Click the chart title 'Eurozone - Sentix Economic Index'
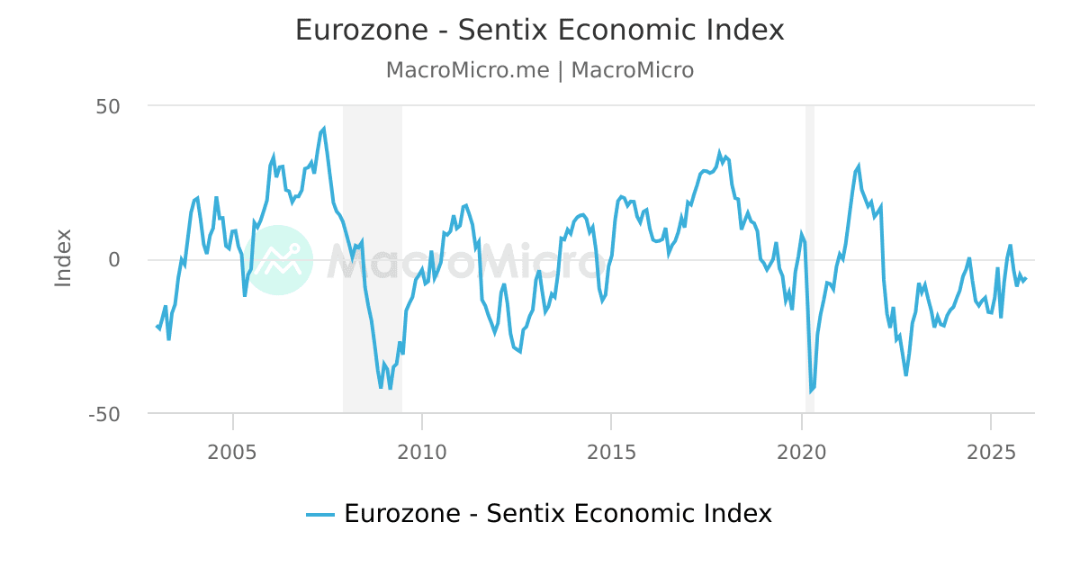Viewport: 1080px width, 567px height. pyautogui.click(x=540, y=31)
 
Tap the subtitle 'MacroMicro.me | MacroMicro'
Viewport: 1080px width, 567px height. pyautogui.click(x=540, y=70)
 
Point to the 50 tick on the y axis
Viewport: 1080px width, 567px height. pyautogui.click(x=108, y=106)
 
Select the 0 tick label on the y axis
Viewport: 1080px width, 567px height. pyautogui.click(x=114, y=260)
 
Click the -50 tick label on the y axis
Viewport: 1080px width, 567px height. pyautogui.click(x=105, y=414)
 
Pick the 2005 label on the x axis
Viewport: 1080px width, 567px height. pyautogui.click(x=232, y=451)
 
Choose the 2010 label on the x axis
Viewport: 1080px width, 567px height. pyautogui.click(x=422, y=451)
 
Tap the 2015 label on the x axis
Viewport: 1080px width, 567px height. pyautogui.click(x=611, y=451)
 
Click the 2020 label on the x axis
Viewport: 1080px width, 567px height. pyautogui.click(x=801, y=451)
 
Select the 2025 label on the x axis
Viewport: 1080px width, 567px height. pyautogui.click(x=990, y=451)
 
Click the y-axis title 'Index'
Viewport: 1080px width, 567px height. pyautogui.click(x=63, y=258)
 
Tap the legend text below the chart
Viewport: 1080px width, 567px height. pyautogui.click(x=557, y=514)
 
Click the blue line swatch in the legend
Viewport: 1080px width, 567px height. pyautogui.click(x=320, y=515)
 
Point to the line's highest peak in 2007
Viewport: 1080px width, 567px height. pyautogui.click(x=324, y=129)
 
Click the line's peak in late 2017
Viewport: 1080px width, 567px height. pyautogui.click(x=719, y=153)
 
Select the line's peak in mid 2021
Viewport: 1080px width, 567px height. pyautogui.click(x=859, y=166)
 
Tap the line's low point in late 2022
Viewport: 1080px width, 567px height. pyautogui.click(x=905, y=374)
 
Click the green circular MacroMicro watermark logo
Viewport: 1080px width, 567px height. pyautogui.click(x=278, y=260)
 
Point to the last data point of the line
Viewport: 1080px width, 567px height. pyautogui.click(x=1025, y=278)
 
